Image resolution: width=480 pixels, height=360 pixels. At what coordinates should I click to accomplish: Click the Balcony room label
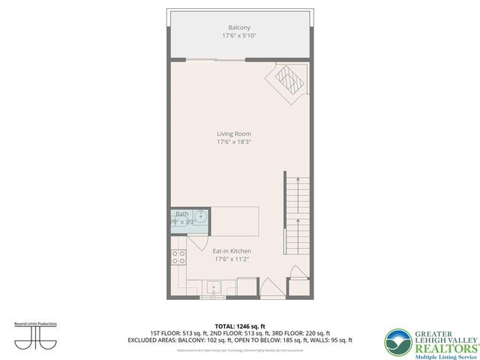(x=239, y=28)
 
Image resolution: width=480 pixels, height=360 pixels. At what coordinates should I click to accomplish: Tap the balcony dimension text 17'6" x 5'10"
(x=239, y=36)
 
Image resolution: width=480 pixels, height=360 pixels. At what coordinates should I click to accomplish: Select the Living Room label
(x=234, y=133)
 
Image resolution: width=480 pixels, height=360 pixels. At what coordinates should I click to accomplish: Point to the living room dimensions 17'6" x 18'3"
(x=234, y=142)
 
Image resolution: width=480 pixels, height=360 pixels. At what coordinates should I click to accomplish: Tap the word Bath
(x=182, y=214)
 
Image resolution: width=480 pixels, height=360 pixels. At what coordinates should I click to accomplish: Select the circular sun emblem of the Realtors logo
(x=396, y=341)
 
